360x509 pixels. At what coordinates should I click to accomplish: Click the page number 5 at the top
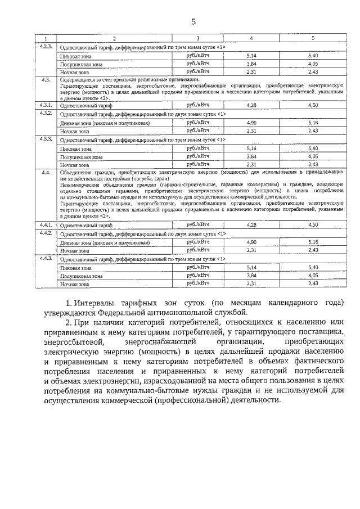click(193, 22)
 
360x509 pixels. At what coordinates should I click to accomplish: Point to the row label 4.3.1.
click(46, 105)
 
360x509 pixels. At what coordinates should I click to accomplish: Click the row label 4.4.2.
click(46, 233)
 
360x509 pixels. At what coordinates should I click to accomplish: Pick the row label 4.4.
click(46, 173)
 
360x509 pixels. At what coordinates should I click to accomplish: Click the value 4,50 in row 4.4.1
click(313, 225)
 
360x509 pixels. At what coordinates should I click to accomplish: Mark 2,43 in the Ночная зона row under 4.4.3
click(313, 284)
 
